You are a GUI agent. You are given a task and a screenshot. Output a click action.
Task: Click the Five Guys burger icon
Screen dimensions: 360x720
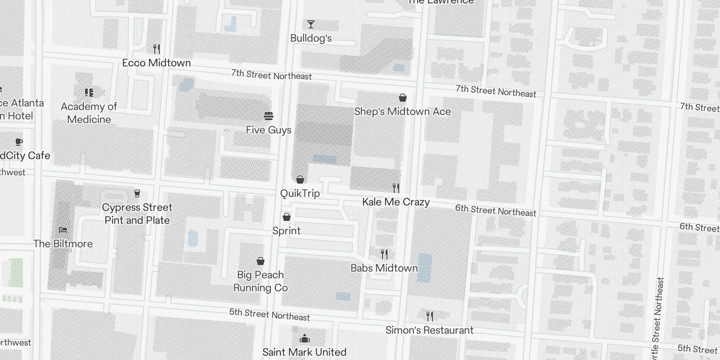click(x=269, y=116)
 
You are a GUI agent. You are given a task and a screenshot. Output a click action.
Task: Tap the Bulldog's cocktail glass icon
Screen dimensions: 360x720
click(x=310, y=24)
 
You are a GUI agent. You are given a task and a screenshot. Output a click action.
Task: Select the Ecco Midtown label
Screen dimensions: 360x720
click(x=157, y=63)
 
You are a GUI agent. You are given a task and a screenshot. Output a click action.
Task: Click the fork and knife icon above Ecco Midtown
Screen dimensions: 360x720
click(x=156, y=49)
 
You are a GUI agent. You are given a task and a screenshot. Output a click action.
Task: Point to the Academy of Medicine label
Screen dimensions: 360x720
click(x=89, y=113)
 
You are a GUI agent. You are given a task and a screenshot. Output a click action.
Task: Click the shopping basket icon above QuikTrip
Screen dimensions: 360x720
click(x=300, y=180)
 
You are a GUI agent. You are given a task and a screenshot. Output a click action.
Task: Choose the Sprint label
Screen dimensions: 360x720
click(x=287, y=231)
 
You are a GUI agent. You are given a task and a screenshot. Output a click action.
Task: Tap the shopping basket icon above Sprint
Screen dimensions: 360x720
click(x=287, y=217)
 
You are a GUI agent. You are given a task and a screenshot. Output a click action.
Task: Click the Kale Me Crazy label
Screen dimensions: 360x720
click(x=396, y=202)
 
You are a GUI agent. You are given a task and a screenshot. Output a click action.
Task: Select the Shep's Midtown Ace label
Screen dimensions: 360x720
click(x=402, y=112)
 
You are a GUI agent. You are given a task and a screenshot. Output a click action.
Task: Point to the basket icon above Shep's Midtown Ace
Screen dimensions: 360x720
click(x=403, y=98)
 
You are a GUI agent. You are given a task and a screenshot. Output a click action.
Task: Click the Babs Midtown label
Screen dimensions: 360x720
click(x=384, y=268)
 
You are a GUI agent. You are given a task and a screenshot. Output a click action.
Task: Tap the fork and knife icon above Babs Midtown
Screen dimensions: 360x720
click(x=384, y=254)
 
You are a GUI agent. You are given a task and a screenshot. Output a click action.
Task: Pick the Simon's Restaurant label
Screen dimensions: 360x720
click(x=429, y=330)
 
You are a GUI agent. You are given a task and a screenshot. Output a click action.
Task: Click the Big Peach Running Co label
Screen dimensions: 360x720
click(x=261, y=281)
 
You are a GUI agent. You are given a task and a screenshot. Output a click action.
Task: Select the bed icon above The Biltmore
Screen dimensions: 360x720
click(x=63, y=230)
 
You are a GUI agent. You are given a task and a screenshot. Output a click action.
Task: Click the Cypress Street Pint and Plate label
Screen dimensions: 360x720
click(x=137, y=214)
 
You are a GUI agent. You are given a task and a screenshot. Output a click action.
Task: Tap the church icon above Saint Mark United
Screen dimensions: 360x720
click(x=305, y=338)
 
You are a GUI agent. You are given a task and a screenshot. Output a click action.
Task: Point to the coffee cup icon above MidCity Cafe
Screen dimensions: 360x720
click(x=18, y=142)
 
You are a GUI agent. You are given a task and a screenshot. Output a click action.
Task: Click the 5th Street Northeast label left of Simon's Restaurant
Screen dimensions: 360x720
click(x=270, y=315)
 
